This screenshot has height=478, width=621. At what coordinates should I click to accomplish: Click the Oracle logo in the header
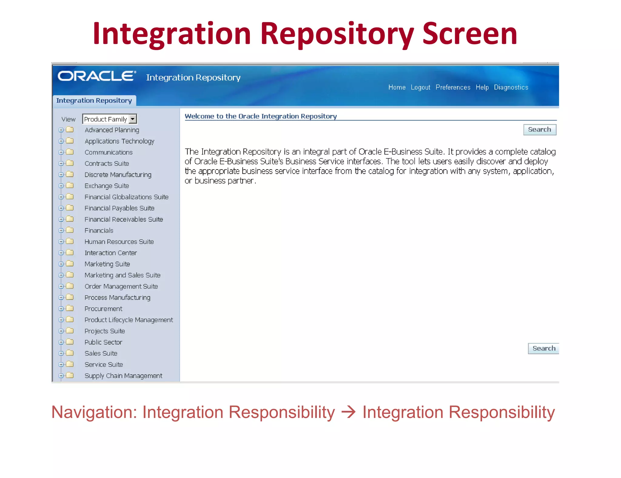coord(96,76)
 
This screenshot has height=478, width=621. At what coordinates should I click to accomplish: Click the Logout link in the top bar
coord(420,87)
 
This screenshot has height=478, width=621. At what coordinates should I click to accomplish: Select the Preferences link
coord(453,87)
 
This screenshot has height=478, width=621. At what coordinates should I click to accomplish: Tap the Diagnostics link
coord(511,87)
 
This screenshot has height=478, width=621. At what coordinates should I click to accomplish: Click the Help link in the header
coord(482,87)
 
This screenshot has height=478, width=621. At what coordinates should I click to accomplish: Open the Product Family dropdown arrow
coord(133,119)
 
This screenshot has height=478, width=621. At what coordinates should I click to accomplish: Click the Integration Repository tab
coord(94,100)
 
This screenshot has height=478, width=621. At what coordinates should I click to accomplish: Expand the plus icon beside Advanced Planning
coord(61,130)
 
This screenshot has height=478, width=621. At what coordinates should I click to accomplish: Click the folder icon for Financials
coord(70,230)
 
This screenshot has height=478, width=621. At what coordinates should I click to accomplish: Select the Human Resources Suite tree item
coord(119,242)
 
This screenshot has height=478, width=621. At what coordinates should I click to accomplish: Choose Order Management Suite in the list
coord(121,286)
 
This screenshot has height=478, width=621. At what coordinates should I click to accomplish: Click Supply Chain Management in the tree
coord(123,376)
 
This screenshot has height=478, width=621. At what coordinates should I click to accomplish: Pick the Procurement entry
coord(103,309)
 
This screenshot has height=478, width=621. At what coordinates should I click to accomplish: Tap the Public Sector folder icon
coord(70,342)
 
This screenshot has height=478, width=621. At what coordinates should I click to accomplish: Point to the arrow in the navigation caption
coord(348,412)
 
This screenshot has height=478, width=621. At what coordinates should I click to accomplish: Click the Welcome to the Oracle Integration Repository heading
coord(260,116)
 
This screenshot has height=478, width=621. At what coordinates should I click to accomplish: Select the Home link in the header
coord(397,87)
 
